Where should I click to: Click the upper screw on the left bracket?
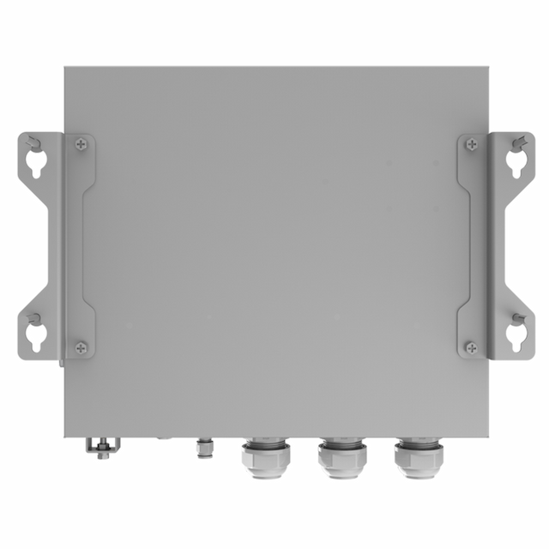(x=81, y=145)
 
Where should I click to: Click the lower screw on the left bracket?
(x=81, y=347)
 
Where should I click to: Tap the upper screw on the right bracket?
(x=471, y=145)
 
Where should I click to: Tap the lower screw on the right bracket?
(x=471, y=347)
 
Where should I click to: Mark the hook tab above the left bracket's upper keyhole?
(x=32, y=142)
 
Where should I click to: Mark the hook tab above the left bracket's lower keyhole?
(x=32, y=318)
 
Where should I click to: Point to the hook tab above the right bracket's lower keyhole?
(x=520, y=318)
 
